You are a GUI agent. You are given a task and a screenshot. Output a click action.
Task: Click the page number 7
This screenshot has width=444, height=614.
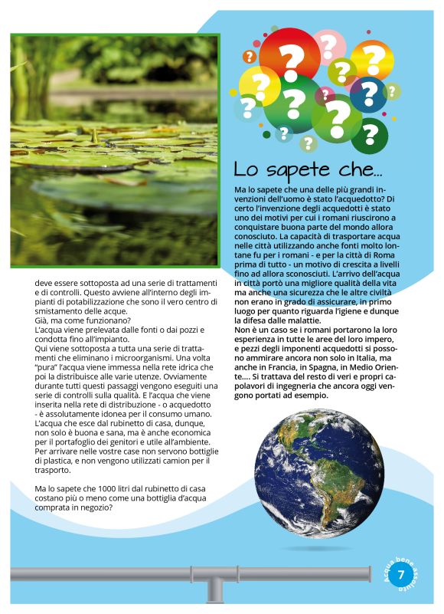[401, 576]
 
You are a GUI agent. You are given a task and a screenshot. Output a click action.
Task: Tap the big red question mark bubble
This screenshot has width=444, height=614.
[290, 62]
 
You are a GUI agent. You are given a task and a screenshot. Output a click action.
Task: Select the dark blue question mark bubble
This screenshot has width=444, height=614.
[369, 94]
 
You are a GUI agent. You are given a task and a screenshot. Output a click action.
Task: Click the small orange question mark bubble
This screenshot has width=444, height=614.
[249, 56]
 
